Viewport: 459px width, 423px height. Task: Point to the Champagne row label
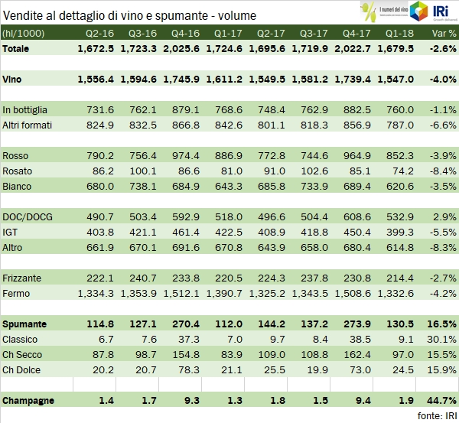30,400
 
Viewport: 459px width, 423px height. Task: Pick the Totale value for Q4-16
186,48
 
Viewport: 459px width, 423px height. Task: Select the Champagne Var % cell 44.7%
441,400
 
